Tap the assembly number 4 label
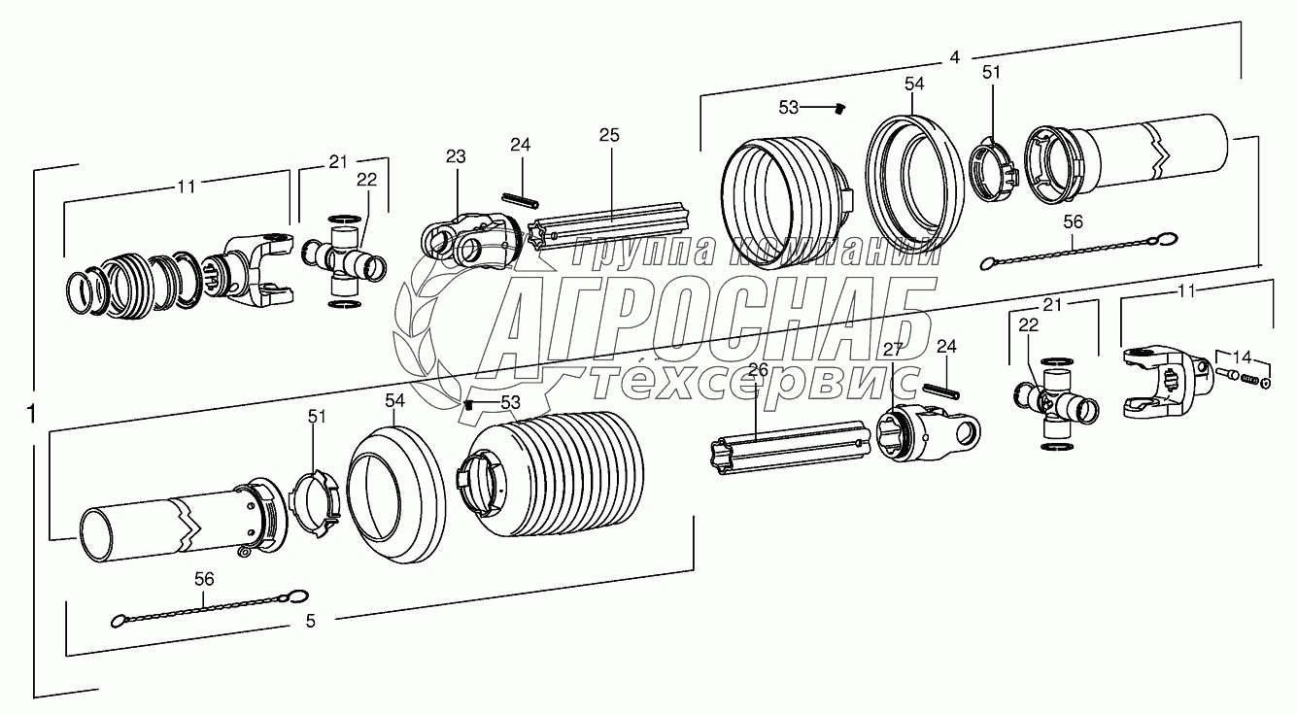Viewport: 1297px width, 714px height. [955, 57]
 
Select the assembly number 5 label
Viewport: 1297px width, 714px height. [310, 622]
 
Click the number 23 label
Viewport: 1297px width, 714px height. [456, 155]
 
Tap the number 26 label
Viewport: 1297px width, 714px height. [758, 369]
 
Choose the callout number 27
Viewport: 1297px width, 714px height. [892, 351]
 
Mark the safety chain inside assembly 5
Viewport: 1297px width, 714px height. [209, 607]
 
